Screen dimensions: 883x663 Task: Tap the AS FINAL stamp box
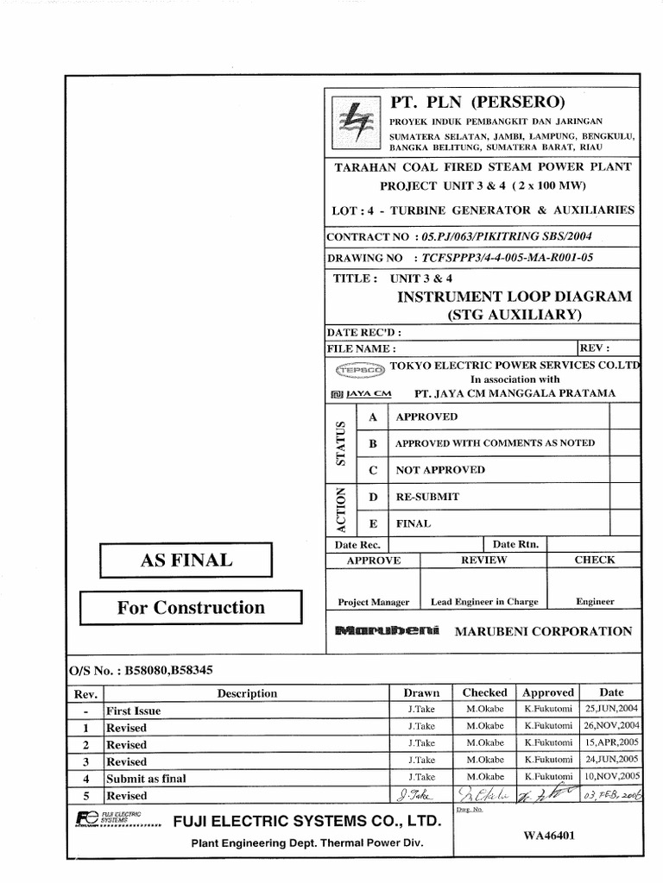[x=186, y=560]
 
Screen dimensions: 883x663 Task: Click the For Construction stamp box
[x=191, y=607]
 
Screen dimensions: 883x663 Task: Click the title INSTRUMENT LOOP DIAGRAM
[x=513, y=297]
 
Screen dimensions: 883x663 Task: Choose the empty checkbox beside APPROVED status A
[x=622, y=417]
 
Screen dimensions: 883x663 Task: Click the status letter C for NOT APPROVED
[x=374, y=470]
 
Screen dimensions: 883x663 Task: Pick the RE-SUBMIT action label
[x=427, y=497]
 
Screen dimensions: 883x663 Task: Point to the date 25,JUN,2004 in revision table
[x=611, y=710]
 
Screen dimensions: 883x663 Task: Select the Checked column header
[x=484, y=692]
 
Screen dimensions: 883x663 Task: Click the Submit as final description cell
[x=146, y=778]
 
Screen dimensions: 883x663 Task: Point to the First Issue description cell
[x=133, y=711]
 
